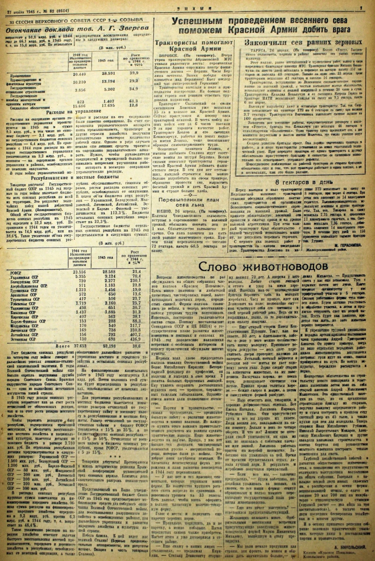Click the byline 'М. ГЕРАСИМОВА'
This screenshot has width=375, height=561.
(x=346, y=245)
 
